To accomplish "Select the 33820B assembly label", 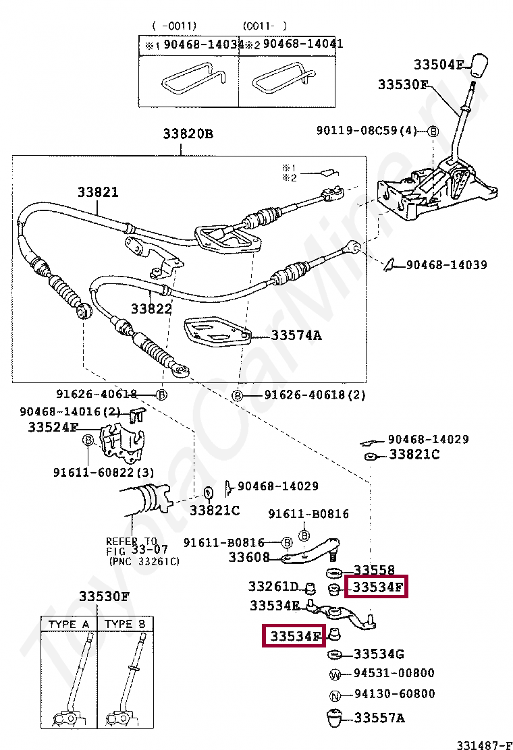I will coord(187,134).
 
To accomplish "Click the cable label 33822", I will coord(151,309).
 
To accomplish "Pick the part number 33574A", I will coord(296,335).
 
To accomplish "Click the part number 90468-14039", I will coord(446,265).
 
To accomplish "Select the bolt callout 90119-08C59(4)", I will coord(367,130).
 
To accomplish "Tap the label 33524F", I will coord(53,427).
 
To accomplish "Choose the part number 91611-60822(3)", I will coord(103,473).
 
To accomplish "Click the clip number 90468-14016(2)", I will coord(70,411).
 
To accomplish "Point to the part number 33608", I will coord(249,557).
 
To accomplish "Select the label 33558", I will coord(374,571).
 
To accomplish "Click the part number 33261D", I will coord(273,586).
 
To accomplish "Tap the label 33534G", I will coord(379,654).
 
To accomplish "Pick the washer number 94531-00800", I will coord(394,673).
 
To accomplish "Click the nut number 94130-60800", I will coord(394,694).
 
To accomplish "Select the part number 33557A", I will coord(379,718).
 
